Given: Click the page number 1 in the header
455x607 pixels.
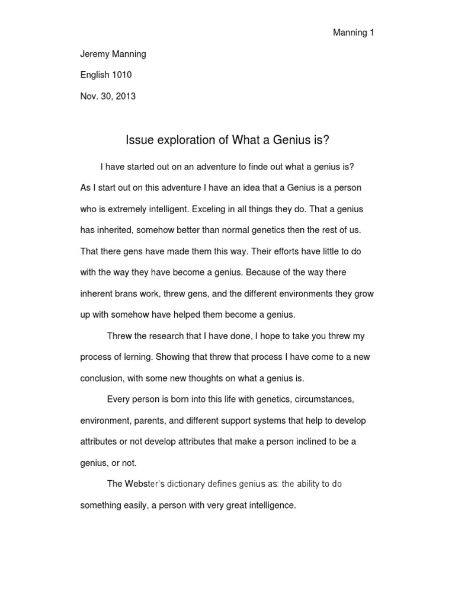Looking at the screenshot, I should click(x=371, y=33).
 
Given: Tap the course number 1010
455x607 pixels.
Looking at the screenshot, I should click(x=121, y=75).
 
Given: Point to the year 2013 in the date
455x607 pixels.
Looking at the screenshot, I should click(x=125, y=95).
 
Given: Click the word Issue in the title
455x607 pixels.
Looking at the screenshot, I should click(x=137, y=140).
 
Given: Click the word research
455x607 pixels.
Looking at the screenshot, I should click(x=164, y=336).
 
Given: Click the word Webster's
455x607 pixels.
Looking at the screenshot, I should click(x=143, y=484).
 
